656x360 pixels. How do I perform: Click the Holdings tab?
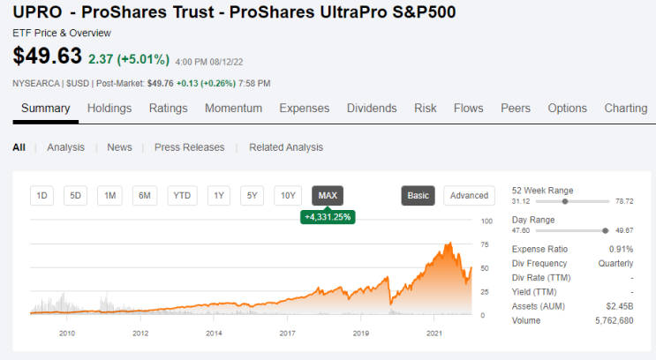tap(109, 109)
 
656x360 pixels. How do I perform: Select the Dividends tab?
tap(372, 109)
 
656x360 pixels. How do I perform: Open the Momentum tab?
tap(233, 109)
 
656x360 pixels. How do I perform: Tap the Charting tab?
tap(625, 109)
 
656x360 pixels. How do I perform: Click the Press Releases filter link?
tap(189, 147)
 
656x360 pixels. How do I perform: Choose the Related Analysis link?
tap(286, 147)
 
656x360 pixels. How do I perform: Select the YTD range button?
tap(182, 196)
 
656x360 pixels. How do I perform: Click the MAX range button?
tap(328, 196)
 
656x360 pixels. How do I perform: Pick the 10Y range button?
tap(288, 196)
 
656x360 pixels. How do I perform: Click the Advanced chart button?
tap(469, 196)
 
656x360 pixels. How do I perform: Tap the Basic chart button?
tap(418, 196)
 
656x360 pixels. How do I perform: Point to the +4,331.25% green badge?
tap(328, 216)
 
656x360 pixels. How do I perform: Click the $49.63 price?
tap(47, 56)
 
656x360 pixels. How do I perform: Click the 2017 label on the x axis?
tap(287, 334)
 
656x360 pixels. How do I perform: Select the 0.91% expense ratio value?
tap(621, 249)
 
